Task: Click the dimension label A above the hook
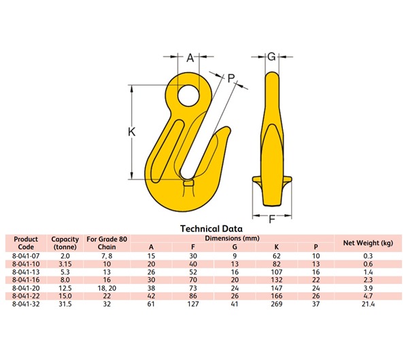click(191, 58)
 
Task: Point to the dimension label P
click(231, 79)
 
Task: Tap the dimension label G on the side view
click(271, 57)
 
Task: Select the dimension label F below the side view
click(272, 219)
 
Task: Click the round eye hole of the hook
click(188, 94)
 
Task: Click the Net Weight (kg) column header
click(368, 242)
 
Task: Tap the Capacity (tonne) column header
click(65, 243)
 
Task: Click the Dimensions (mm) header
click(232, 238)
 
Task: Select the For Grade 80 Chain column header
click(106, 243)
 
